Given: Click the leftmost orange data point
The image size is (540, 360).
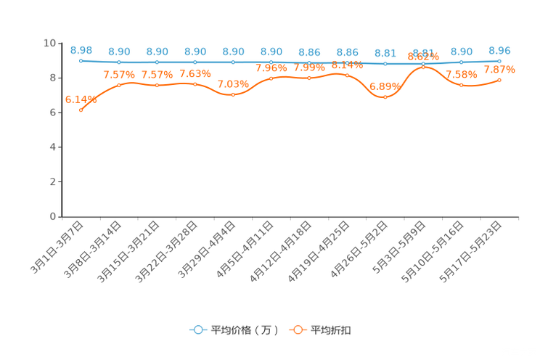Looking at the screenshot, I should coord(81,110).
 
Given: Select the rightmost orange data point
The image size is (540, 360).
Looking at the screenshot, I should coord(499,79).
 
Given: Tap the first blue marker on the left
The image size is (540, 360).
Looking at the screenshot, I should coord(81,60).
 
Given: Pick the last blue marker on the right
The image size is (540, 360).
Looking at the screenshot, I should coord(499,61).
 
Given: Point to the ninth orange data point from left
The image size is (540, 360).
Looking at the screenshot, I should coord(385,97).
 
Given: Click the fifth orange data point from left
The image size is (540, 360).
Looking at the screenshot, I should coord(233,95).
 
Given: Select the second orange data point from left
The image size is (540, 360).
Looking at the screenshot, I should coord(119,85).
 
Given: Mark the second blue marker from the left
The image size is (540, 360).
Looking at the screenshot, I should coord(119,62).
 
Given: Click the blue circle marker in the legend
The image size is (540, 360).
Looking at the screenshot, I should coord(197,330).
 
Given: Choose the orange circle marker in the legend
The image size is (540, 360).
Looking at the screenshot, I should coord(297,330).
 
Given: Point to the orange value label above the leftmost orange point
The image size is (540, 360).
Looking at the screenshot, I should coord(81,100).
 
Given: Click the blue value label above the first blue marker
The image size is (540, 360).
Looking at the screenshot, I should coord(81,49).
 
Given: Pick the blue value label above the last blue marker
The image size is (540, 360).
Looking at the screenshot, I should coord(499,50).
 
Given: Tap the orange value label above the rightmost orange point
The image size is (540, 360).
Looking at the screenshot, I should coord(499,70).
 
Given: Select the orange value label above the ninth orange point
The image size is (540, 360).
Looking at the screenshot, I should coord(385,86).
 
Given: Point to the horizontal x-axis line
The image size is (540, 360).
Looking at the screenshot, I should coord(290,216).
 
